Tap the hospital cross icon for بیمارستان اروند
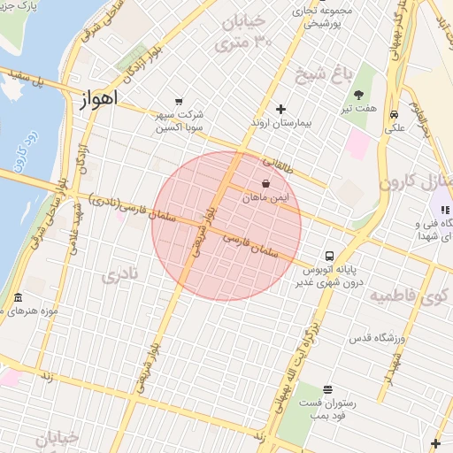click(x=281, y=110)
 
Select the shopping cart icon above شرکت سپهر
click(x=180, y=102)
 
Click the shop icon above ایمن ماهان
click(x=265, y=184)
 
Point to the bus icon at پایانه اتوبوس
click(x=329, y=253)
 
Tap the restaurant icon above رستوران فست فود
click(x=327, y=389)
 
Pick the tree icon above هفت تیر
click(x=358, y=95)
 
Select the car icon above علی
click(x=393, y=114)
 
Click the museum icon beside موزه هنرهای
click(x=19, y=297)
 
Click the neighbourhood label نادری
click(x=119, y=276)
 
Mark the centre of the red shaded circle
click(x=226, y=226)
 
